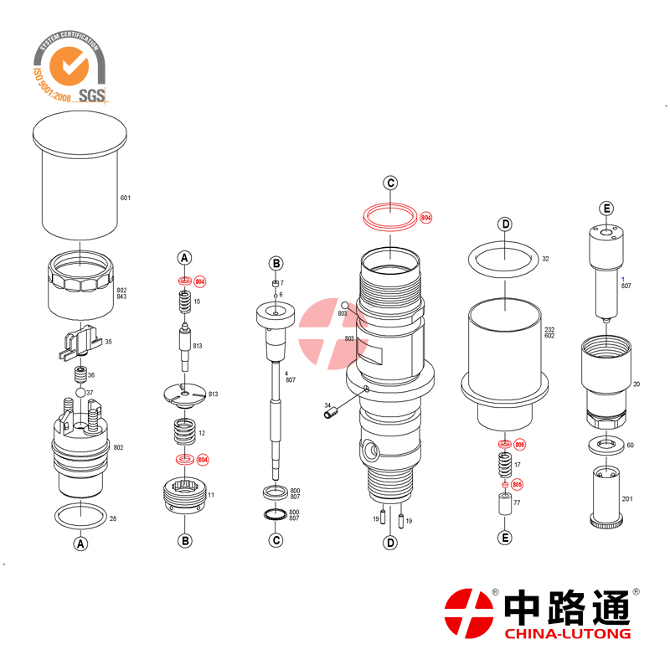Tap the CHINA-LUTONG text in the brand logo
pos(567,634)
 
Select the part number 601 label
pos(126,198)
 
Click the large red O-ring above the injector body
pos(391,215)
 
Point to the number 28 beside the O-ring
pos(113,518)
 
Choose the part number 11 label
pos(211,495)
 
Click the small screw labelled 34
pos(328,411)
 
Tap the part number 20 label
pos(636,384)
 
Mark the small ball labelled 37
pos(81,392)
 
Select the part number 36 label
pos(91,375)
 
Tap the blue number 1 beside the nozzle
pos(622,277)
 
